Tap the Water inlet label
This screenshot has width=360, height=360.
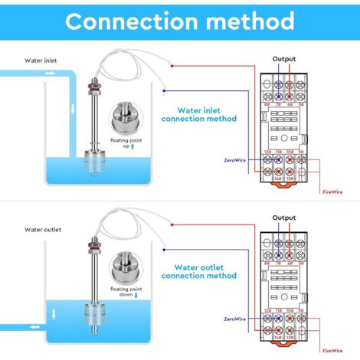(40, 60)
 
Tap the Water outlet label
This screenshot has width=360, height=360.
(42, 228)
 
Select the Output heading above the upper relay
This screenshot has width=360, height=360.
(284, 59)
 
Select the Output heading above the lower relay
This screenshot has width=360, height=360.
(284, 218)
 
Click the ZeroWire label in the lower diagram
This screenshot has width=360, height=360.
(236, 318)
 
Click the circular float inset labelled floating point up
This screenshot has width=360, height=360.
(123, 115)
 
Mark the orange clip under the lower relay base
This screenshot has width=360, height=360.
(285, 342)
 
